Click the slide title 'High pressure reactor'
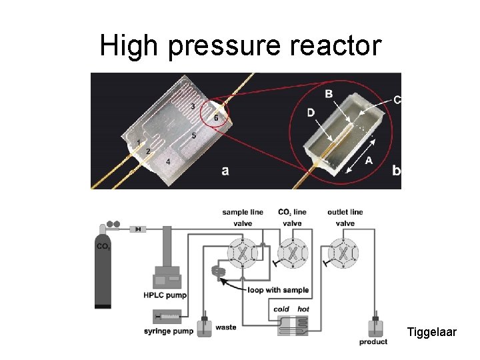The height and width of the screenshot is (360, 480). pos(240,46)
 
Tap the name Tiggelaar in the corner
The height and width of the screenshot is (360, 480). pos(431,331)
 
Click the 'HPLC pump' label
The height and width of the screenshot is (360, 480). pos(165,295)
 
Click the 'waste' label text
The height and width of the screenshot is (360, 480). pos(225,327)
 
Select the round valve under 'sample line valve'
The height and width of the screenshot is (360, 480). pos(243,253)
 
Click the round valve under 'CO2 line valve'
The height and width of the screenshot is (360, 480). pos(292,253)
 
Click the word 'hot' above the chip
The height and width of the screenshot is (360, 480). pos(303,309)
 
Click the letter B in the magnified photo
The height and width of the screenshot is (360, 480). pos(328,94)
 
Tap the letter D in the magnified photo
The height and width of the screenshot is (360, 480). pos(311,113)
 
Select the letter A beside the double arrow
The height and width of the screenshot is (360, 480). pos(368,161)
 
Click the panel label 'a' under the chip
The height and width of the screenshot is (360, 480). pos(225,171)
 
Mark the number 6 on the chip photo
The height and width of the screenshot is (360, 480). pos(215,118)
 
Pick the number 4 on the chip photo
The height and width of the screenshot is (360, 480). pos(167,162)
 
